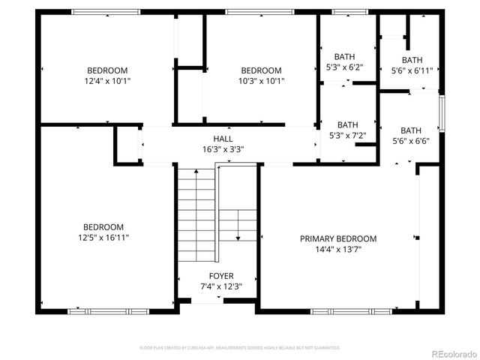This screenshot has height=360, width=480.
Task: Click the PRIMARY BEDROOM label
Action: pyautogui.click(x=338, y=239)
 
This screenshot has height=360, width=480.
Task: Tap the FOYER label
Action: pyautogui.click(x=221, y=276)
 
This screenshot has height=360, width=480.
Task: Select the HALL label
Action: pyautogui.click(x=223, y=139)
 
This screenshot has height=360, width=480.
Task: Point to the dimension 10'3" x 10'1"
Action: pyautogui.click(x=261, y=80)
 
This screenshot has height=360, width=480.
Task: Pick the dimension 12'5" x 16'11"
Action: pyautogui.click(x=103, y=238)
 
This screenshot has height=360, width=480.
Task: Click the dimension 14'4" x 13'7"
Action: pyautogui.click(x=338, y=250)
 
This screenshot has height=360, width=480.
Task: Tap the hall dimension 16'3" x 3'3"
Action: pyautogui.click(x=223, y=148)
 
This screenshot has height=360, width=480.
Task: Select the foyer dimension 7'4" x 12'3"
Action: pyautogui.click(x=221, y=286)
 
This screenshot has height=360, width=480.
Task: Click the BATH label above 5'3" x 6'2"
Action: pyautogui.click(x=345, y=56)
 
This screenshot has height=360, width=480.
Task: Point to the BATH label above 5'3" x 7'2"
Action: pyautogui.click(x=347, y=125)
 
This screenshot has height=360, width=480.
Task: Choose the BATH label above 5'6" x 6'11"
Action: pyautogui.click(x=412, y=61)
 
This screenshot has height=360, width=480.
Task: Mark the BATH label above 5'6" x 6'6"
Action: pyautogui.click(x=411, y=130)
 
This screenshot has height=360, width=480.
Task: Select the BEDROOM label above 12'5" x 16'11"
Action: pyautogui.click(x=103, y=227)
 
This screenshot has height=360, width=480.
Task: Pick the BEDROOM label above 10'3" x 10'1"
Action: pyautogui.click(x=261, y=70)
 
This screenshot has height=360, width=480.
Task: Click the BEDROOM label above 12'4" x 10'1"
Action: pyautogui.click(x=107, y=70)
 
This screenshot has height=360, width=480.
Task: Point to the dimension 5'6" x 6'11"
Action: pyautogui.click(x=412, y=70)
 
